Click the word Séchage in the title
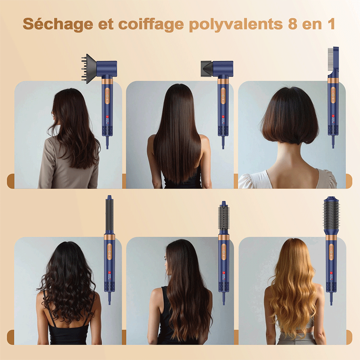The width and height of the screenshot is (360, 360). (x=58, y=24)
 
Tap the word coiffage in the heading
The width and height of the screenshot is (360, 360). (x=151, y=24)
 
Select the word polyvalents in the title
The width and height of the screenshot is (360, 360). (x=236, y=24)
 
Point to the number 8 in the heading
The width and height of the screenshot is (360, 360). (x=292, y=24)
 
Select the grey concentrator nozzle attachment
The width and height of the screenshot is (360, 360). (x=207, y=68)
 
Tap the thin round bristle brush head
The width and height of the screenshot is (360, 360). (x=223, y=217)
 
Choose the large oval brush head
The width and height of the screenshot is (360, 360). (x=331, y=214)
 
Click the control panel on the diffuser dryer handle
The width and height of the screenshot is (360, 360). (x=108, y=96)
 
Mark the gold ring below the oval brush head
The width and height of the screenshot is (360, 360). (x=331, y=238)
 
